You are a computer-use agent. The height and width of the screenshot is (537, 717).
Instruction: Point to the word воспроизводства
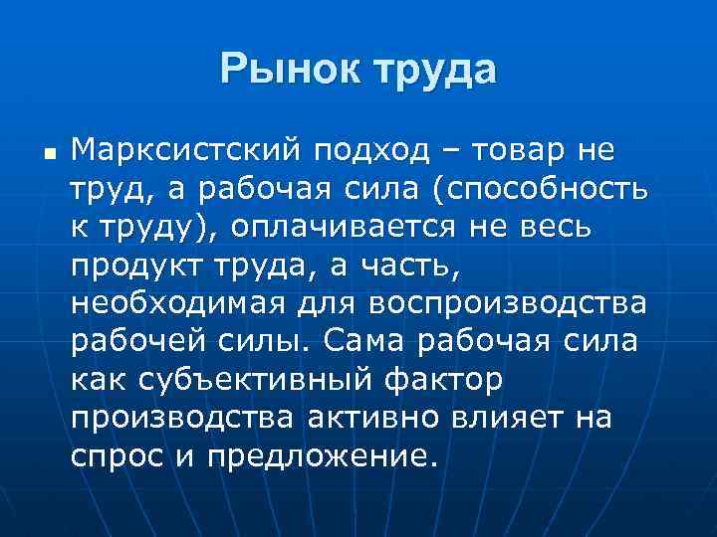pos(508,301)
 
